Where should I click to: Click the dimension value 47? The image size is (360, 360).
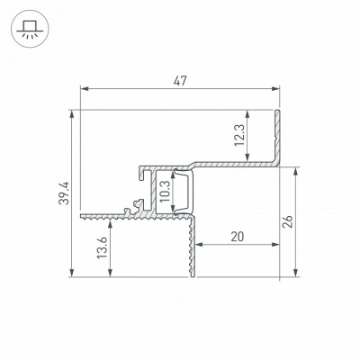point(180,81)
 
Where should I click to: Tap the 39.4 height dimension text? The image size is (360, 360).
point(64,193)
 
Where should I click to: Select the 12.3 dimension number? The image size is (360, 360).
point(239,135)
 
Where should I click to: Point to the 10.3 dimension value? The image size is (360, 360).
point(165,192)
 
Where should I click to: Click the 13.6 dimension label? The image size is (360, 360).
point(102,247)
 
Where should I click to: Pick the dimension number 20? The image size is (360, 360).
point(238,237)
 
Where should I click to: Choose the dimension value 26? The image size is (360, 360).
point(288,221)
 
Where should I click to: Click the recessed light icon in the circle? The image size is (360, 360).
point(29,29)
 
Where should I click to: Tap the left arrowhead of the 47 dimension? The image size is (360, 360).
point(85,88)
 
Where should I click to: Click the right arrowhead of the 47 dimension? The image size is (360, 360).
point(275,88)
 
